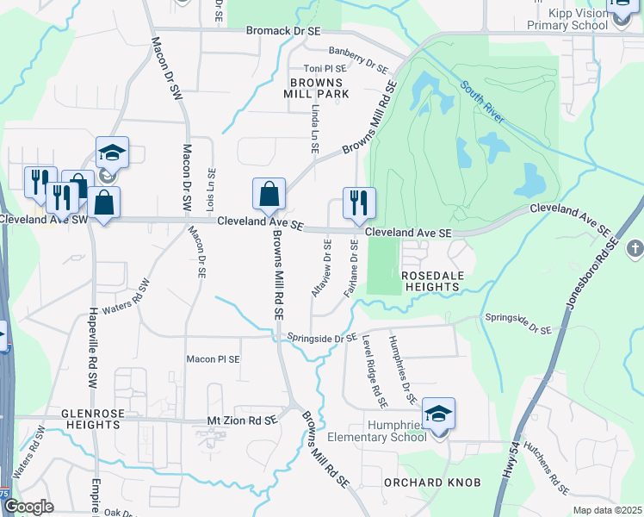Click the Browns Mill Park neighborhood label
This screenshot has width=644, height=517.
(x=319, y=87)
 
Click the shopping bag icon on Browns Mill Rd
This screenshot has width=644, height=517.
(x=269, y=194)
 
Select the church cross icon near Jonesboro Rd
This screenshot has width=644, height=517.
(x=635, y=249)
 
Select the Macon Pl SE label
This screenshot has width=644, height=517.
(x=214, y=358)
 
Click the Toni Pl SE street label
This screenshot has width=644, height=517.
(x=324, y=68)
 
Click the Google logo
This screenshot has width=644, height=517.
(x=28, y=507)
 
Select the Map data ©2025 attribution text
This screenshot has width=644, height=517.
(x=607, y=510)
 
